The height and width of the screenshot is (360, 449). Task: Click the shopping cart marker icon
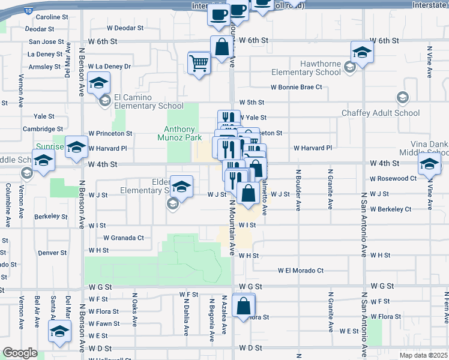199,62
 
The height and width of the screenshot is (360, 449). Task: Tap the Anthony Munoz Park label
180,133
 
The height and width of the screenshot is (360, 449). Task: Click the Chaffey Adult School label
381,113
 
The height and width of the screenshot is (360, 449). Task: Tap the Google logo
20,353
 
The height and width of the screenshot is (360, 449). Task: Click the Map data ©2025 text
424,355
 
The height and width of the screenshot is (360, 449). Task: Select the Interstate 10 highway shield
29,10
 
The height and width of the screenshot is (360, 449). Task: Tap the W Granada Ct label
124,238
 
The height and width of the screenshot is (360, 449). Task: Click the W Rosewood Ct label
393,178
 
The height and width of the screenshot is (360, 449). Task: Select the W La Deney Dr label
109,67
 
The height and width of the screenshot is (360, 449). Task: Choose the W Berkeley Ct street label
391,209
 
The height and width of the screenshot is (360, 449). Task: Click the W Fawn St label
104,324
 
